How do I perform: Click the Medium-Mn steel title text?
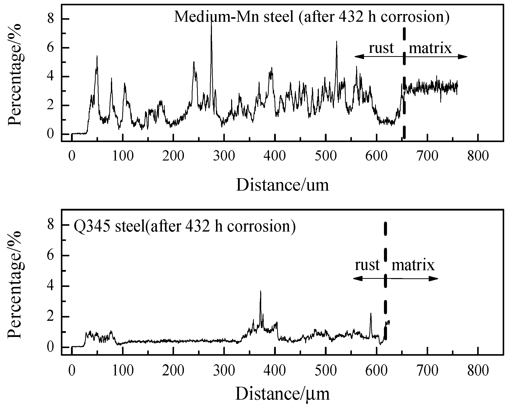pyautogui.click(x=312, y=17)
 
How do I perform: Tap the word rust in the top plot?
pyautogui.click(x=381, y=48)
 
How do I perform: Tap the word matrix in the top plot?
pyautogui.click(x=430, y=48)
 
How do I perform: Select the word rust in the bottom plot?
pyautogui.click(x=367, y=265)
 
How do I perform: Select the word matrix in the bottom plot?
pyautogui.click(x=413, y=265)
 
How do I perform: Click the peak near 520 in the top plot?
pyautogui.click(x=336, y=42)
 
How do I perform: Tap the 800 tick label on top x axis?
pyautogui.click(x=478, y=156)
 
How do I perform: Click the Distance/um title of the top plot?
pyautogui.click(x=282, y=185)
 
